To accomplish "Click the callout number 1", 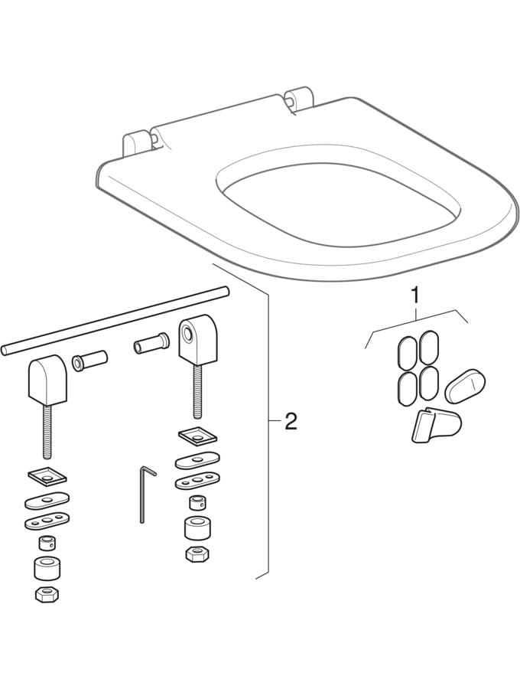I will [x=415, y=293].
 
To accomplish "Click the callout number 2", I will [x=291, y=421].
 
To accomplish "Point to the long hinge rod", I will [x=115, y=319].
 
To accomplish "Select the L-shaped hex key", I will [x=144, y=494].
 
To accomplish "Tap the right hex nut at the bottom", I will [x=196, y=553].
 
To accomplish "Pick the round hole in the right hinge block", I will [x=188, y=334].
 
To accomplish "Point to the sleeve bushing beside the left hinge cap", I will [x=89, y=360].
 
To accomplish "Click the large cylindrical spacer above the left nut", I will [x=48, y=569].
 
